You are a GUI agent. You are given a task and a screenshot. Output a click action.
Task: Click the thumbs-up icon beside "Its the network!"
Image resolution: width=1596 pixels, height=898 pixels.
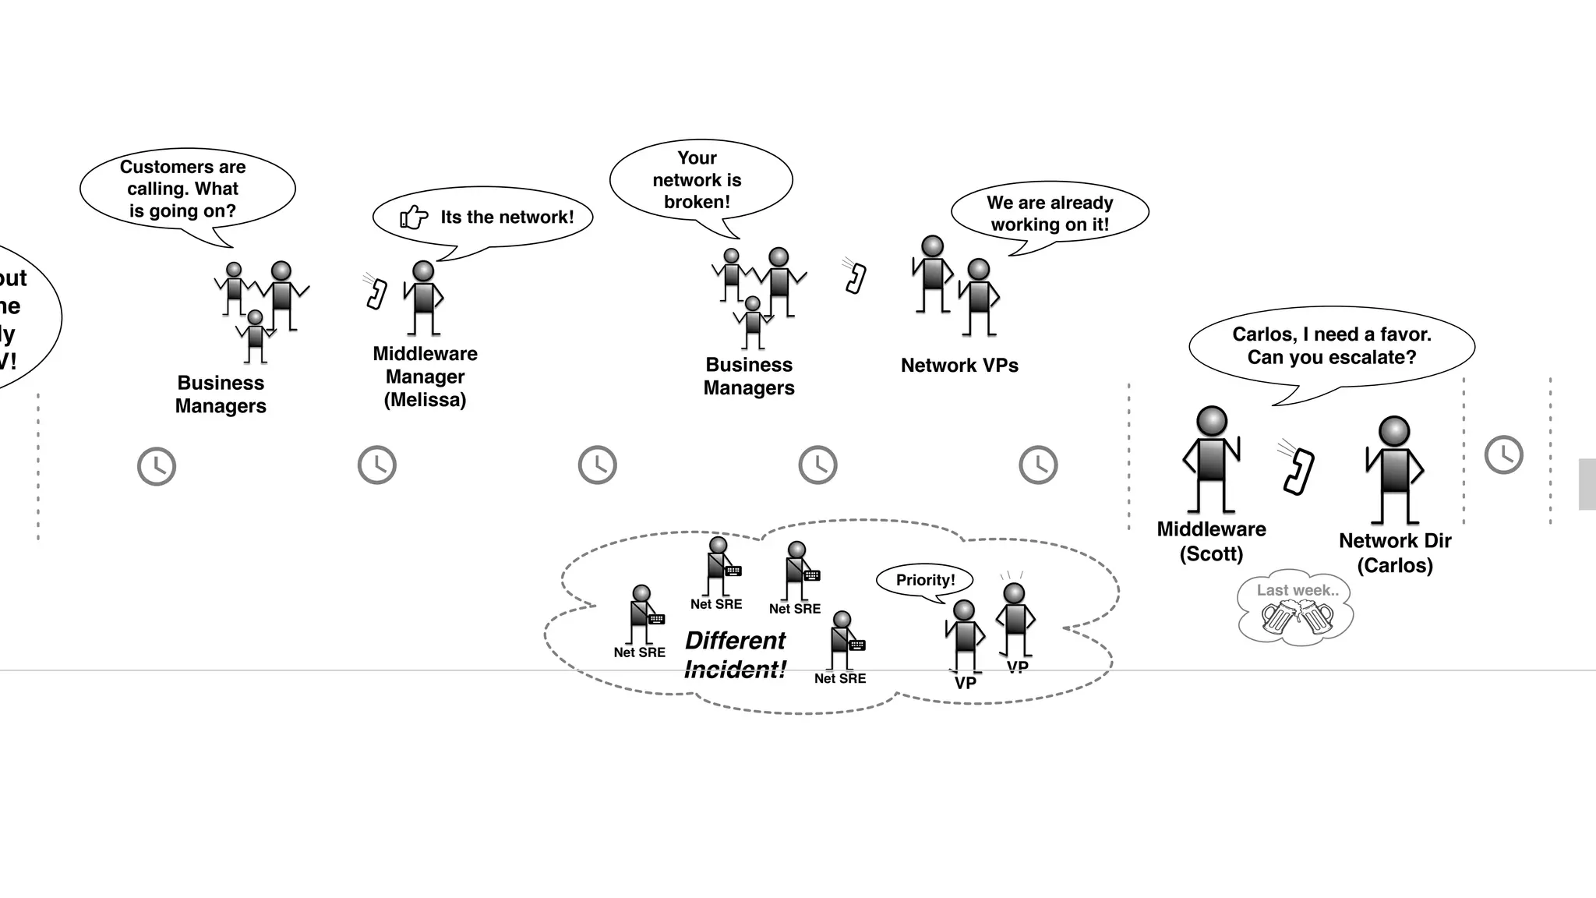pos(414,217)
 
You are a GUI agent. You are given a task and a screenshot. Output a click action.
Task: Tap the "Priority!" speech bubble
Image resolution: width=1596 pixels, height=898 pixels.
pos(925,580)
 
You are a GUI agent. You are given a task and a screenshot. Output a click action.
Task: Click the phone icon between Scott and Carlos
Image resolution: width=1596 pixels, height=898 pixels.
pos(1298,470)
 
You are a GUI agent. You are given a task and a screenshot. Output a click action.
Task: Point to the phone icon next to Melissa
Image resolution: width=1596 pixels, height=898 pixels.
pos(377,293)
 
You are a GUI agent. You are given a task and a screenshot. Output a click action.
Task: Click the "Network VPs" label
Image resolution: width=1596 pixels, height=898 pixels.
pos(959,366)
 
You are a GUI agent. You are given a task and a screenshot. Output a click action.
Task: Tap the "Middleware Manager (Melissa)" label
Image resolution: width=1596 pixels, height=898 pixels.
pos(425,377)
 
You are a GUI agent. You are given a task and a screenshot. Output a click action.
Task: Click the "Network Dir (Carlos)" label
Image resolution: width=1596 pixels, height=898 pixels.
pos(1395,553)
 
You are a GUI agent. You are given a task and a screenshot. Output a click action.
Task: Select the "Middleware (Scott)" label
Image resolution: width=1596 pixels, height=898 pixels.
pos(1211,541)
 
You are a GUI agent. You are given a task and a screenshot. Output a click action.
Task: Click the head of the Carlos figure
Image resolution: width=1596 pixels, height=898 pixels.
pos(1394,432)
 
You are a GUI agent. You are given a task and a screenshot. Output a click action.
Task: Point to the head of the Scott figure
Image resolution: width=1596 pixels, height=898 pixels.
pos(1212,421)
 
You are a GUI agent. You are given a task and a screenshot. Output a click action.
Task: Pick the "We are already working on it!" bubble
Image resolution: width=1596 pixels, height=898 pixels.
pos(1050,213)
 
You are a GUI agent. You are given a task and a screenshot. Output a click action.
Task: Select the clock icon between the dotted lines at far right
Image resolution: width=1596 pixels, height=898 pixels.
pos(1503,454)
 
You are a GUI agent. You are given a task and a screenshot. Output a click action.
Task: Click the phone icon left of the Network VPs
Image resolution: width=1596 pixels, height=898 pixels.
pos(856,278)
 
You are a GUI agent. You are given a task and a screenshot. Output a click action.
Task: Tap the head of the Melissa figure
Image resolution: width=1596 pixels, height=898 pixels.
pos(423,271)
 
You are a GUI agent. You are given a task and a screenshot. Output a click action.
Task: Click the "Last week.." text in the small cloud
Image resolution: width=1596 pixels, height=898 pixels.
pos(1298,591)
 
